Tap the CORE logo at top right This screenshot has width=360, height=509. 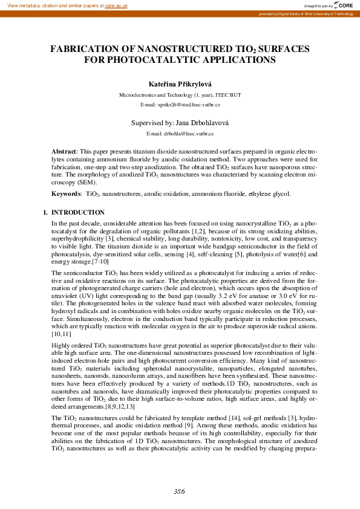pyautogui.click(x=344, y=5)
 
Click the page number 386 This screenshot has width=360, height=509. pyautogui.click(x=180, y=491)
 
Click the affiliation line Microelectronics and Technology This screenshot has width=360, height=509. pyautogui.click(x=180, y=95)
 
